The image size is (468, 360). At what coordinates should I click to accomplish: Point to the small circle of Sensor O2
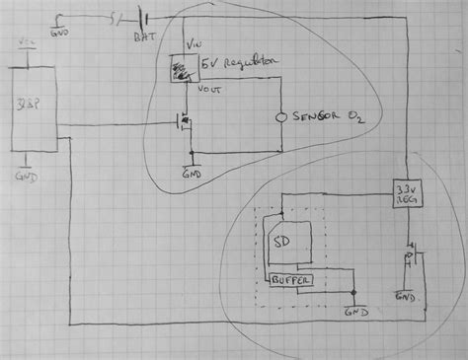280,116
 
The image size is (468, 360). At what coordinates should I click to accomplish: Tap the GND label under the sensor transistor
191,170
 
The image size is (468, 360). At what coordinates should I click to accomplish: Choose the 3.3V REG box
403,190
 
